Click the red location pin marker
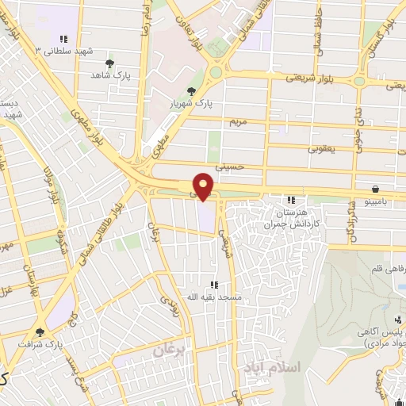click(204, 186)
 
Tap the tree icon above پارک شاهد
click(109, 63)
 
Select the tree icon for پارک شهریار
click(190, 91)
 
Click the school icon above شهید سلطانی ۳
click(63, 39)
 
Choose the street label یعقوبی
click(323, 147)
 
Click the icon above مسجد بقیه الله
click(213, 285)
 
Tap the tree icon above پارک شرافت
click(40, 333)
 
